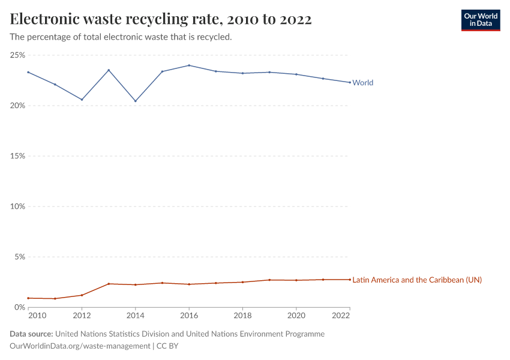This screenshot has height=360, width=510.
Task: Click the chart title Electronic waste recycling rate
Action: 161,19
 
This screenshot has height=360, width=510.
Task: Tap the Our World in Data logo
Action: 481,20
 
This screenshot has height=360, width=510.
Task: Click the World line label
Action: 362,83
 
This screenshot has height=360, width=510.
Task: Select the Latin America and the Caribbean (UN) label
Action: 416,280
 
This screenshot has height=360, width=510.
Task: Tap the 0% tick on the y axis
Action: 19,307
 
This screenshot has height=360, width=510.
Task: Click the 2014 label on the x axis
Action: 136,316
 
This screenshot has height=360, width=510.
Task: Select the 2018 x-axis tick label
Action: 242,316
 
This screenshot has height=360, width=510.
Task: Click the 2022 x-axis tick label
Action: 341,316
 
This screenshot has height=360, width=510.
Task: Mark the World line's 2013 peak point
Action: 109,70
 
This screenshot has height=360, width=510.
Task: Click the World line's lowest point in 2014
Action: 136,101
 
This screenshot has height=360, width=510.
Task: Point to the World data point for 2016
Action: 189,65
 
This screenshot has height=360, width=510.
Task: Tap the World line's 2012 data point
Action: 82,100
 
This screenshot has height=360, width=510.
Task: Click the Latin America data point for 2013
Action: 109,284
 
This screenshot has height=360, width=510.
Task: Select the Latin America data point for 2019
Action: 269,280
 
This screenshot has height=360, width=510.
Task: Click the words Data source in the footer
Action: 31,334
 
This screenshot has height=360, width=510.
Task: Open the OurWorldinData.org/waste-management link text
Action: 80,346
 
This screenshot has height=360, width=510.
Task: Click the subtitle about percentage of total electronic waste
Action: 121,37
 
